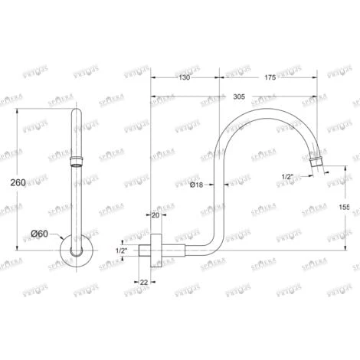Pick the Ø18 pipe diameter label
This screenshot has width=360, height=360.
pyautogui.click(x=197, y=185)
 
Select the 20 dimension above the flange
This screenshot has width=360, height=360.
pyautogui.click(x=155, y=215)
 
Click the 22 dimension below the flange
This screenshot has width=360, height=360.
pyautogui.click(x=145, y=283)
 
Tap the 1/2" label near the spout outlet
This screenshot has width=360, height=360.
pyautogui.click(x=287, y=177)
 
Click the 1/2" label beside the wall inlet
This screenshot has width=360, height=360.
pyautogui.click(x=121, y=250)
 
